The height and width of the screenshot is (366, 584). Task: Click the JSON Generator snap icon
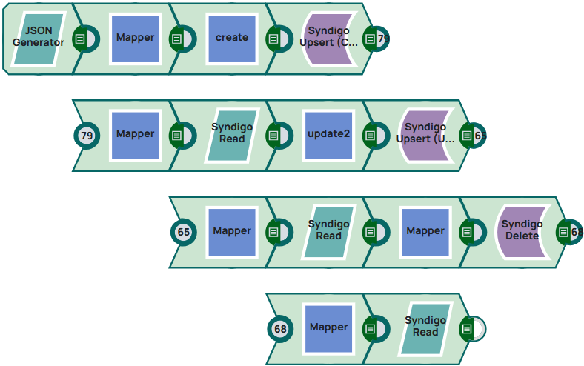(x=39, y=38)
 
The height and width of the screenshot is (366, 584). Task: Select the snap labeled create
(x=232, y=38)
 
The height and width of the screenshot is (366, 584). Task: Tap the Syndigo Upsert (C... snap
(x=328, y=38)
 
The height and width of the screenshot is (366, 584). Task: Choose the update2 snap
(x=328, y=134)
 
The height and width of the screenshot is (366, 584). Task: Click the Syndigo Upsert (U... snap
(x=425, y=134)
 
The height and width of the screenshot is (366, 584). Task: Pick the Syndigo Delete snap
(x=522, y=231)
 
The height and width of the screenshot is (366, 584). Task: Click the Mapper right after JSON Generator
(x=135, y=38)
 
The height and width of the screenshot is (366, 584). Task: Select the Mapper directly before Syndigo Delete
(x=425, y=231)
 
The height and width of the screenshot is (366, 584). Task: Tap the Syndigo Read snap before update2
(x=232, y=134)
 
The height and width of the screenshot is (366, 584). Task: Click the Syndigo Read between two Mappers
(x=328, y=231)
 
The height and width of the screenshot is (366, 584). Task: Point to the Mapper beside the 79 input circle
(x=135, y=134)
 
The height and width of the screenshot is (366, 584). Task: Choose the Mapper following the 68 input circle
(x=328, y=327)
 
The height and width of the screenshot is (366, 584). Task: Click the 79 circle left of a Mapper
(x=87, y=136)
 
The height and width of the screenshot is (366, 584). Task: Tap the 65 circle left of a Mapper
(x=184, y=232)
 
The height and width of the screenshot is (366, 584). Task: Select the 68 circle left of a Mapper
(x=280, y=328)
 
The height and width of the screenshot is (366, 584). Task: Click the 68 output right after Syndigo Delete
(x=571, y=232)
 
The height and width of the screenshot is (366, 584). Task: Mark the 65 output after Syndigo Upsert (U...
(x=474, y=136)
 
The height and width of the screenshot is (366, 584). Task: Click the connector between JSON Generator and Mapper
(x=86, y=39)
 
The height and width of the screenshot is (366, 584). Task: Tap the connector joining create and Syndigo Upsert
(x=279, y=39)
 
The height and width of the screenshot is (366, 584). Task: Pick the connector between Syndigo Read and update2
(x=279, y=136)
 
